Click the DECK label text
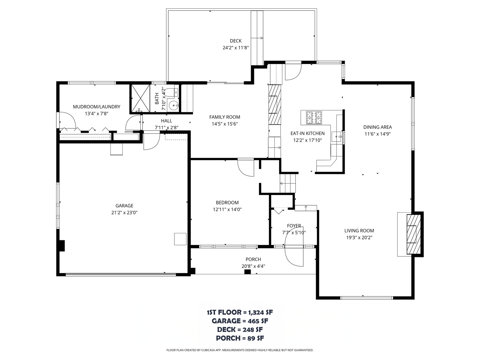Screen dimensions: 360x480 (236, 41)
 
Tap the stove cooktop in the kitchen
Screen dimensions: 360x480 (315, 117)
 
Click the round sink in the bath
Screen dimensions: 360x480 (173, 106)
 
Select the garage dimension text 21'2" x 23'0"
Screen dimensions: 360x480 (124, 212)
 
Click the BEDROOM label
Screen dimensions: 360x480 (227, 202)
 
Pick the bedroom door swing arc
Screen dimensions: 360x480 (245, 169)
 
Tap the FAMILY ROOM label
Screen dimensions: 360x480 (224, 117)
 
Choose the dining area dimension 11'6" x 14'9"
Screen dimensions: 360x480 (377, 134)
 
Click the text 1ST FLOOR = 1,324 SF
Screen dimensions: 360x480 (240, 312)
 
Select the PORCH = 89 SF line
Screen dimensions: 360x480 (240, 338)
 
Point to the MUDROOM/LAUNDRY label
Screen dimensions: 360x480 (96, 107)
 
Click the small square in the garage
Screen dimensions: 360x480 (180, 239)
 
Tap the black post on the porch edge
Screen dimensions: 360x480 (247, 272)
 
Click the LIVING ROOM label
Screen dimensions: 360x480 (359, 230)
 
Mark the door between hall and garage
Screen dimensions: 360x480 (151, 142)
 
